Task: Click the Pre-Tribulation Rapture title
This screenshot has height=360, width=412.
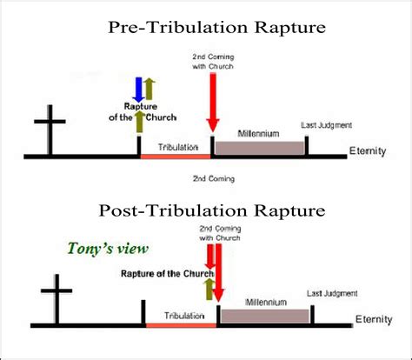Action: point(216,27)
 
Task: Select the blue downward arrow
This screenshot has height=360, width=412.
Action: point(137,89)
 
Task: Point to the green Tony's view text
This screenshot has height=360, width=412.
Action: point(109,249)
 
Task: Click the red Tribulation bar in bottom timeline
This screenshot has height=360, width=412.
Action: point(180,326)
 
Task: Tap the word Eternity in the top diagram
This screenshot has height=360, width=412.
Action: point(366,152)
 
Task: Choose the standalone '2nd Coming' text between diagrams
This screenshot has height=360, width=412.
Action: point(212,178)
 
